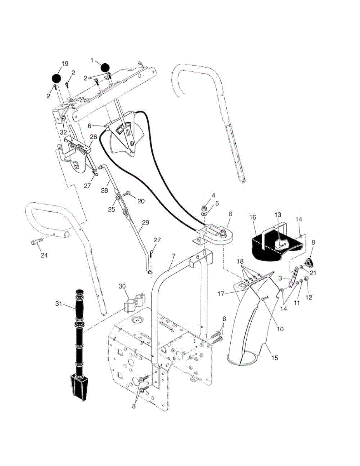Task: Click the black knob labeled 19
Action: click(57, 77)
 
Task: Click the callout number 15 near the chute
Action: click(275, 358)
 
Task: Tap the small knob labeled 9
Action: click(309, 263)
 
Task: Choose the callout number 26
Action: click(94, 137)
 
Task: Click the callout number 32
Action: click(63, 132)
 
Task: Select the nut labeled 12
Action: click(306, 278)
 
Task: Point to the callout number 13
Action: click(278, 214)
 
